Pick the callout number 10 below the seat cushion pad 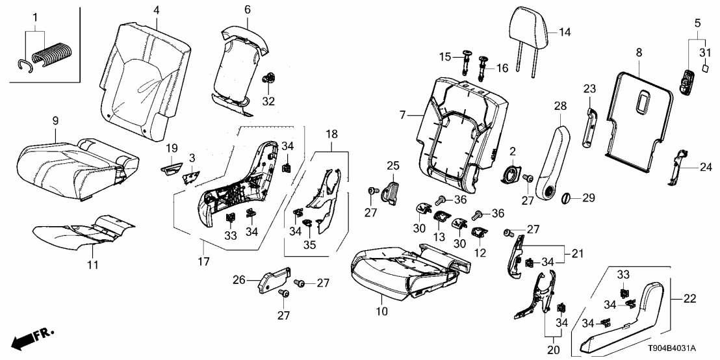(382, 311)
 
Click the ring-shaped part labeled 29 (565, 196)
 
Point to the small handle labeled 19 (170, 169)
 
